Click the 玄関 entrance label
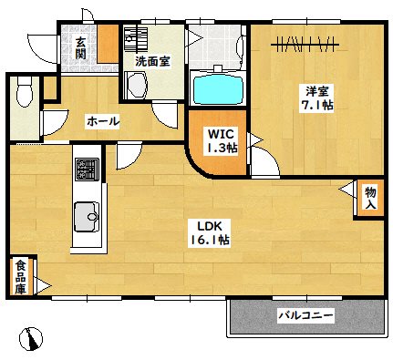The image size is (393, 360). click(x=81, y=47)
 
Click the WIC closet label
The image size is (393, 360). click(x=218, y=134)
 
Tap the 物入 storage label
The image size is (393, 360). click(x=371, y=199)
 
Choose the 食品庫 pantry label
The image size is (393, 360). click(x=20, y=275)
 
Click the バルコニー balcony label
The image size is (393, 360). click(x=305, y=316)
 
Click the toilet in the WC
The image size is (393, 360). click(x=25, y=91)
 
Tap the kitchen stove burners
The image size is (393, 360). click(x=87, y=170)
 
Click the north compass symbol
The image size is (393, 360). click(x=32, y=338)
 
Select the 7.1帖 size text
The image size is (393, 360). click(x=316, y=106)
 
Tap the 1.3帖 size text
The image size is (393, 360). click(x=218, y=149)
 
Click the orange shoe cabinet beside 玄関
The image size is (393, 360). click(x=109, y=43)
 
